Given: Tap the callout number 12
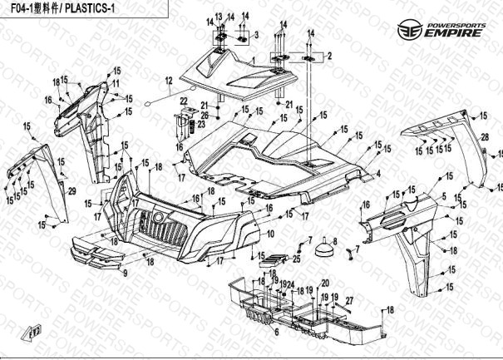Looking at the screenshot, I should click(169, 81).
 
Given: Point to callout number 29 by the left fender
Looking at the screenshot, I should click(72, 193).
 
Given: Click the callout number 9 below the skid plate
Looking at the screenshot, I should click(126, 273).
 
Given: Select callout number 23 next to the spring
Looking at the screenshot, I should click(200, 124).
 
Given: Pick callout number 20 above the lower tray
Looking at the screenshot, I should click(325, 283).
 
